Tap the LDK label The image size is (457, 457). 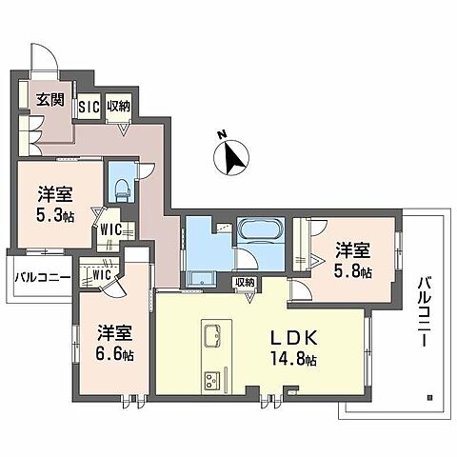pyautogui.click(x=303, y=339)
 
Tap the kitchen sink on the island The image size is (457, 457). pyautogui.click(x=211, y=336)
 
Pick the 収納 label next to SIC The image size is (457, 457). pyautogui.click(x=118, y=105)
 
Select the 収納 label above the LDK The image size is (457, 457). pyautogui.click(x=245, y=283)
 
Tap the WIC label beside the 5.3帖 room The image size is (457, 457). pyautogui.click(x=109, y=229)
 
